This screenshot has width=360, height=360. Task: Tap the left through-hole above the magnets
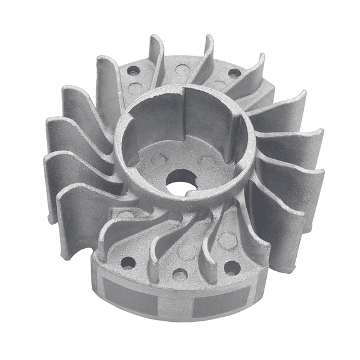pyautogui.click(x=128, y=263)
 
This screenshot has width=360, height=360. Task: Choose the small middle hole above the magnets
pyautogui.click(x=180, y=274)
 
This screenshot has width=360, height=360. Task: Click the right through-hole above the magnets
pyautogui.click(x=232, y=268)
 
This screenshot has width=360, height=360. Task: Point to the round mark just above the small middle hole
pyautogui.click(x=185, y=252)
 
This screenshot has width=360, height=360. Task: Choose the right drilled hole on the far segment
pyautogui.click(x=234, y=73)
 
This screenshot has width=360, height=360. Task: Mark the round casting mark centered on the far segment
pyautogui.click(x=181, y=67)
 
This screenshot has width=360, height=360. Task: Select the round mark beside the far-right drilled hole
pyautogui.click(x=219, y=84)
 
